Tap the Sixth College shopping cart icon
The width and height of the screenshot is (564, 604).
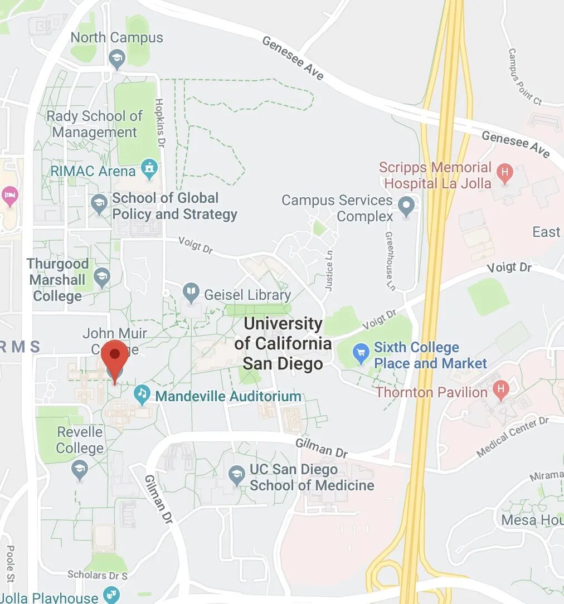[x=361, y=353]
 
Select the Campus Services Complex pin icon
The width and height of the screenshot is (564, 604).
[x=407, y=206]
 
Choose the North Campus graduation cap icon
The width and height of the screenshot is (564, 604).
[x=116, y=59]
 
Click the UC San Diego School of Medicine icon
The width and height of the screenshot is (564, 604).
[x=237, y=475]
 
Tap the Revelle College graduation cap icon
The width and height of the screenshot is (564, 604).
[x=81, y=469]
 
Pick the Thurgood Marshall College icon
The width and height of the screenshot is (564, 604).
[x=101, y=276]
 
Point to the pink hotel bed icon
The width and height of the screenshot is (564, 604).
[x=10, y=196]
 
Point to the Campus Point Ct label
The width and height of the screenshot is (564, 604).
[x=524, y=76]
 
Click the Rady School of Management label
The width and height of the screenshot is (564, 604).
[x=95, y=124]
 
